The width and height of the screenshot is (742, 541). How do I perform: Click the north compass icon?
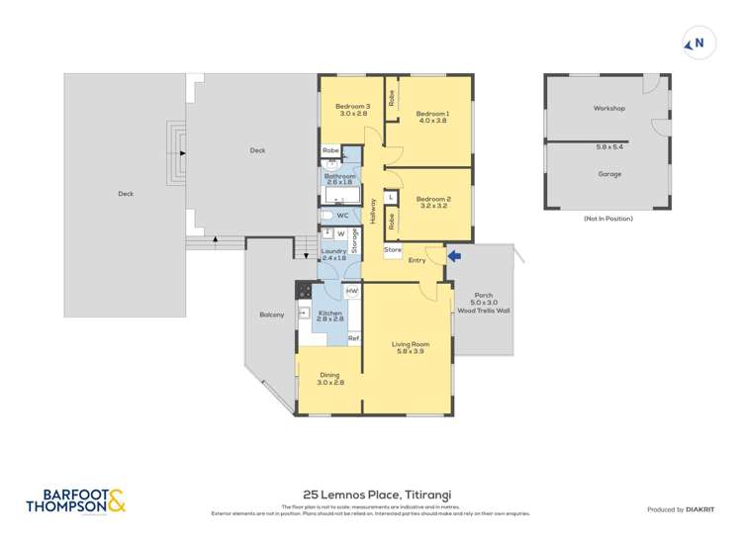tap(696, 43)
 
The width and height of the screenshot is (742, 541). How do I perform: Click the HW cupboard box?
tap(352, 291)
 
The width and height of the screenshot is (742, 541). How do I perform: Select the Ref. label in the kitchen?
tap(352, 338)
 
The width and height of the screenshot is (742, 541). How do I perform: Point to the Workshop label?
tap(608, 108)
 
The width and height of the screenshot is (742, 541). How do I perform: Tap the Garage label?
tap(608, 174)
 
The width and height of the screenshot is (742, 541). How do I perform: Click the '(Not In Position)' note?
tap(607, 218)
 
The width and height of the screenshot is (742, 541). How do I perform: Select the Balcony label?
tap(272, 315)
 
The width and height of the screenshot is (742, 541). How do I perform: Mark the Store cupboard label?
tap(393, 250)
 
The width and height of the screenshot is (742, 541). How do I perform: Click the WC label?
tap(342, 215)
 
